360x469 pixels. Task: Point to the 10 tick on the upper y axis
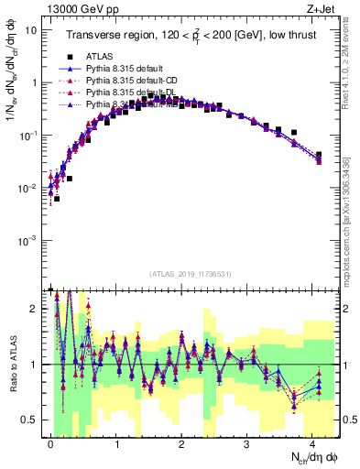point(31,30)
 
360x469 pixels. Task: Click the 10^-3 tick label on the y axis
point(29,240)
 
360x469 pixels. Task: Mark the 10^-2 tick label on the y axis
point(29,188)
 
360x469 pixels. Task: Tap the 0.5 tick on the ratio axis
point(32,420)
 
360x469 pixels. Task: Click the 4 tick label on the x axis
point(312,443)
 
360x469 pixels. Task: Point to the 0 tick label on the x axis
point(50,443)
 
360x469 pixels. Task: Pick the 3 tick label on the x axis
point(247,443)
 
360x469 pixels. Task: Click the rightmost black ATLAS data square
point(319,155)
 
